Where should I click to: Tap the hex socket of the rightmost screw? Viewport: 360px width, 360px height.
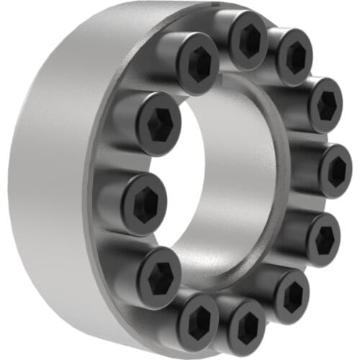pyautogui.click(x=336, y=171)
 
